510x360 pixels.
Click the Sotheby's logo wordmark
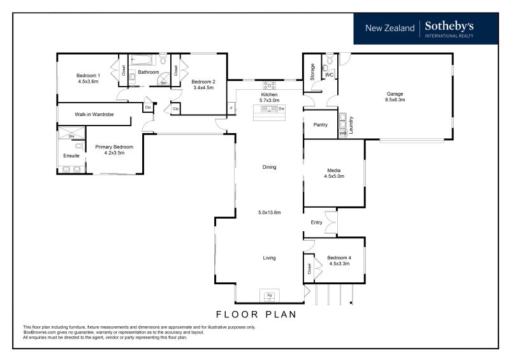(x=449, y=26)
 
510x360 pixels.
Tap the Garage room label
(x=395, y=94)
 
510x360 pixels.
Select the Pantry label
(x=321, y=125)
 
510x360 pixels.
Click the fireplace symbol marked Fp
(x=269, y=295)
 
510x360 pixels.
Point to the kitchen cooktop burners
(x=269, y=85)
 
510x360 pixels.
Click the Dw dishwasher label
(x=282, y=108)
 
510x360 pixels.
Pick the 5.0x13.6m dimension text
(x=269, y=213)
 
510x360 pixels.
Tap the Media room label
(x=333, y=170)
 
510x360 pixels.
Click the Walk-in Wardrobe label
(x=94, y=115)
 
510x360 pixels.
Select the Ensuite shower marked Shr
(x=71, y=133)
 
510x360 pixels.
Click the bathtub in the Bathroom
(x=141, y=60)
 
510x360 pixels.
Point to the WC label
(x=329, y=75)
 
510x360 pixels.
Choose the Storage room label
(x=312, y=72)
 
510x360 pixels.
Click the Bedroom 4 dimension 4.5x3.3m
(x=339, y=264)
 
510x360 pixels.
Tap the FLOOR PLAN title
(x=256, y=315)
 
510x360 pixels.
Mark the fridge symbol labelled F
(x=231, y=108)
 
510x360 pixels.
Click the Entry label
(x=316, y=222)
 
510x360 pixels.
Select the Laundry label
(x=351, y=125)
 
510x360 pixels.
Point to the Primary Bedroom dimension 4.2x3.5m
(x=114, y=153)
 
